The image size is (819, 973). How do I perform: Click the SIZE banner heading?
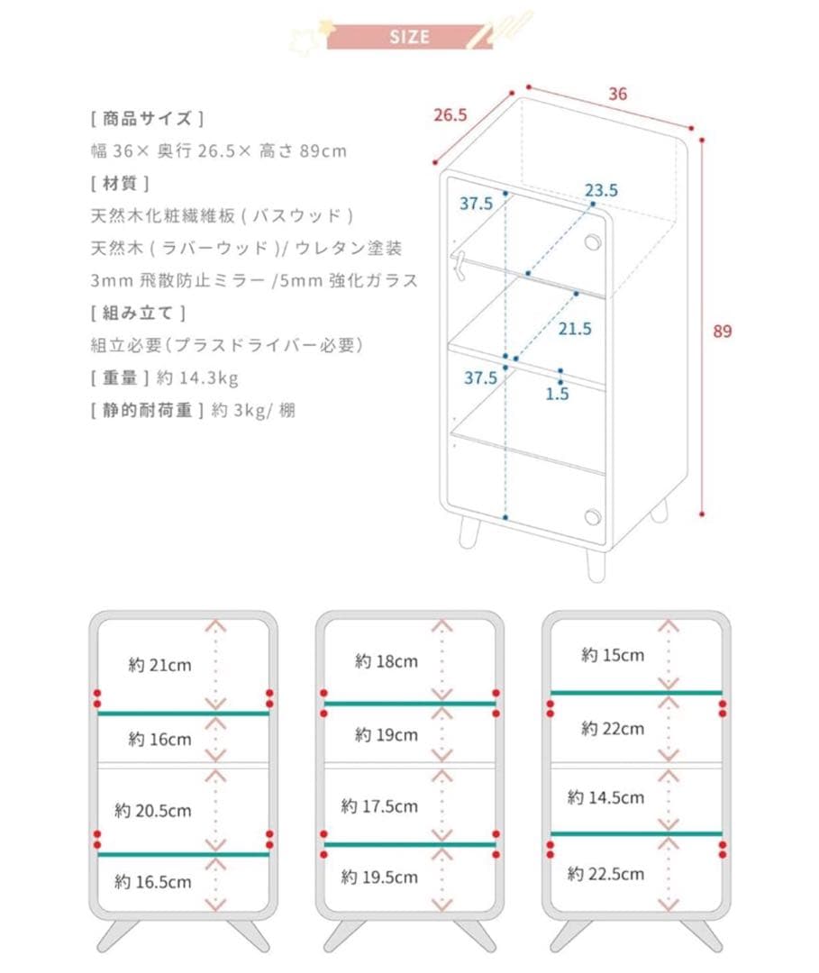[x=410, y=37]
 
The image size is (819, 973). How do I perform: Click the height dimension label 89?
[x=722, y=331]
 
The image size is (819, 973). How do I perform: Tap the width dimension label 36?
[x=617, y=94]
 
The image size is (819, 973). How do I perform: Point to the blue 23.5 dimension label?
[x=601, y=190]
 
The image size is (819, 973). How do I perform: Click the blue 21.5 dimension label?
[x=575, y=329]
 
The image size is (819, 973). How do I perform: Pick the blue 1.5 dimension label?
[x=558, y=394]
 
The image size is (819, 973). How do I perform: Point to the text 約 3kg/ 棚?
[x=253, y=410]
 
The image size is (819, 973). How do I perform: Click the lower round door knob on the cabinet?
[x=592, y=516]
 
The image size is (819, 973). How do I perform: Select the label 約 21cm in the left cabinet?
[x=159, y=666]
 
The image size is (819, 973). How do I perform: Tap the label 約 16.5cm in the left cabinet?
[x=153, y=882]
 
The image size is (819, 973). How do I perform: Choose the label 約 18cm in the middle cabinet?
[x=387, y=661]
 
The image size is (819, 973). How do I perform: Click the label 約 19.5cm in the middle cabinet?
[x=379, y=877]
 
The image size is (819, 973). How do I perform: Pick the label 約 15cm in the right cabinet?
[x=613, y=655]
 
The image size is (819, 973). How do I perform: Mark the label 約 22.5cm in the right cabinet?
[x=605, y=873]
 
